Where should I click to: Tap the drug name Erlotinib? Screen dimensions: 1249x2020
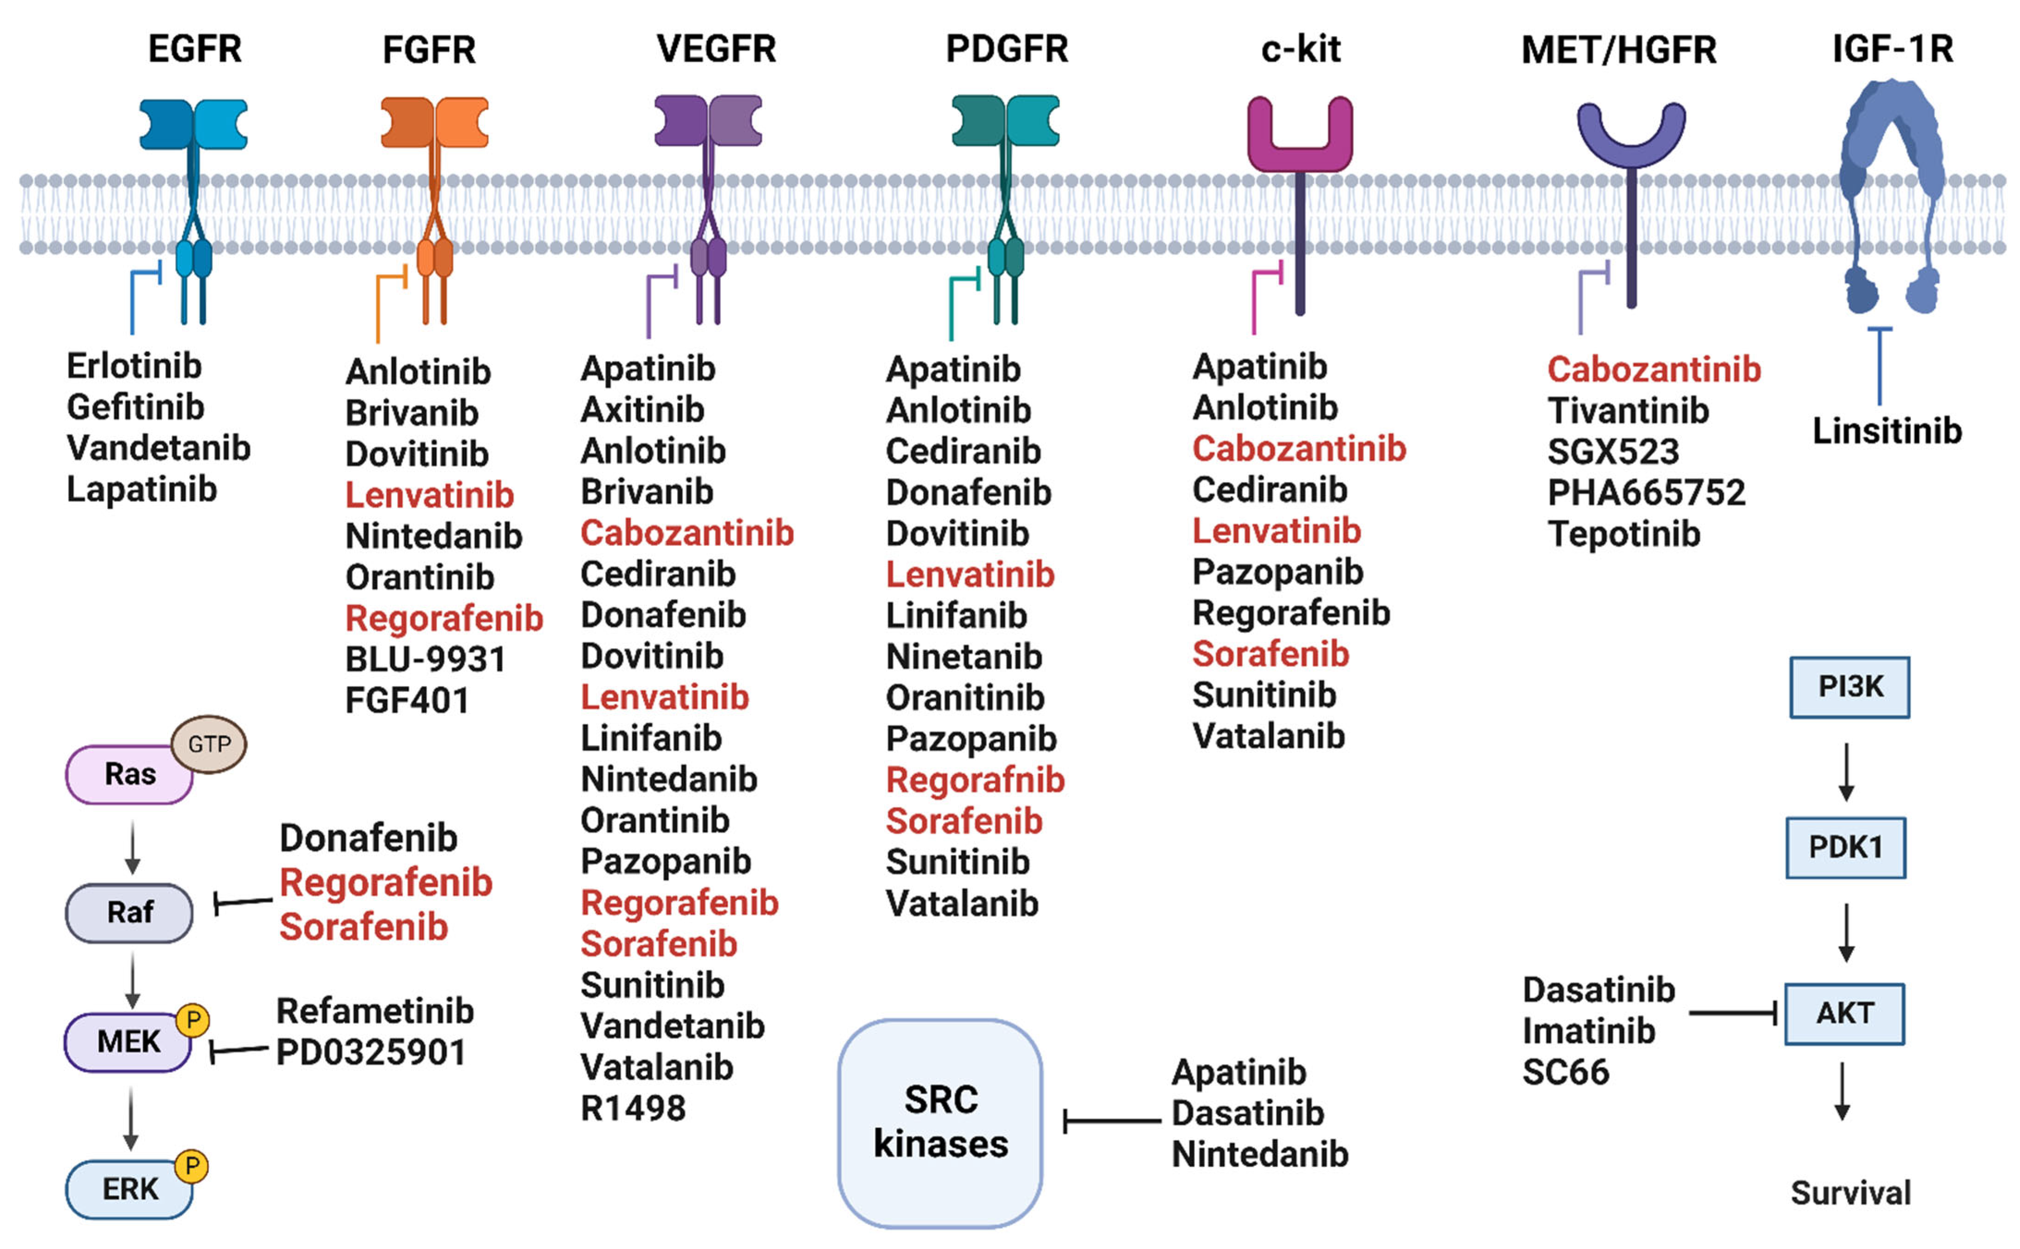pyautogui.click(x=134, y=366)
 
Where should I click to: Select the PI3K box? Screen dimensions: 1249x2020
pyautogui.click(x=1849, y=687)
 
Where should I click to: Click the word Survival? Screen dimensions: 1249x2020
pyautogui.click(x=1850, y=1193)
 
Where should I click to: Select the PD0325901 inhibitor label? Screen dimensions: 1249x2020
pyautogui.click(x=371, y=1052)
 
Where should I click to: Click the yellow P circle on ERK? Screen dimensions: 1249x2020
pyautogui.click(x=192, y=1165)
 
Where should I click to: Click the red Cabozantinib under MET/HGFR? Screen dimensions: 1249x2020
pyautogui.click(x=1653, y=369)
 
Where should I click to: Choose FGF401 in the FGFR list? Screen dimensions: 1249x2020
pyautogui.click(x=406, y=701)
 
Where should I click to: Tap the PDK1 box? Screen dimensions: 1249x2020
pyautogui.click(x=1845, y=847)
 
